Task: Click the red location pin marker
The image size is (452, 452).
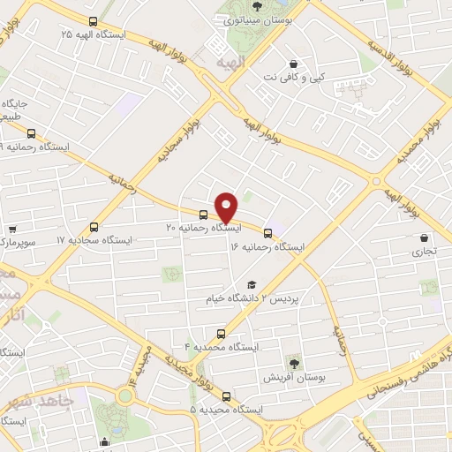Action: click(227, 207)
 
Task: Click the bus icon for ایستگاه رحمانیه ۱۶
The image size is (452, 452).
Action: click(268, 233)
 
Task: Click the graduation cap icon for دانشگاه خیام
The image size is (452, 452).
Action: click(252, 284)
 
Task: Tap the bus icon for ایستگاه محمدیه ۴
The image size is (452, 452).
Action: click(221, 334)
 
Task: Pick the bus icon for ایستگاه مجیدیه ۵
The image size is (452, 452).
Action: click(227, 396)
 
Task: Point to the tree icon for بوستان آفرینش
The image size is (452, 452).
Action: click(293, 362)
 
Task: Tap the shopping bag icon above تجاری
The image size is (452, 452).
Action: click(426, 237)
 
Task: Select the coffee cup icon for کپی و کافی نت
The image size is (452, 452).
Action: click(293, 64)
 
